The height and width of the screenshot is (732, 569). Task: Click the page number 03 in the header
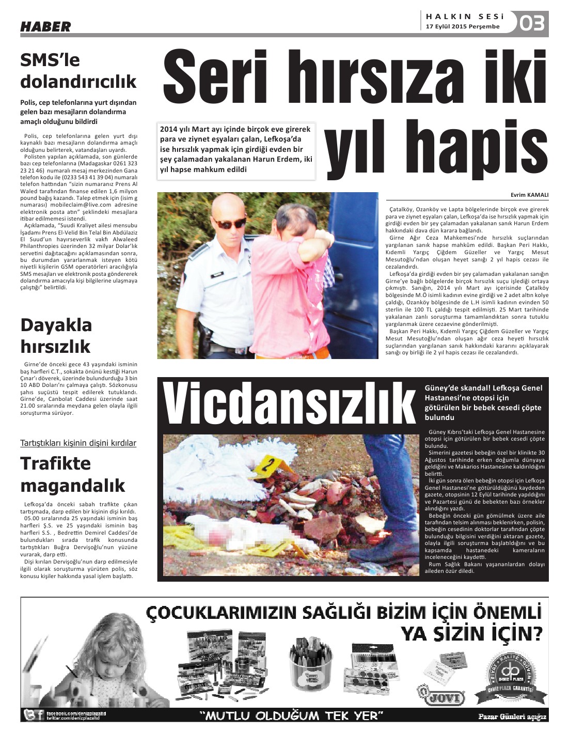[532, 23]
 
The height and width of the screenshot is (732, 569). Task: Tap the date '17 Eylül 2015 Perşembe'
[463, 27]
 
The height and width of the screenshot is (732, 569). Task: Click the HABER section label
[45, 26]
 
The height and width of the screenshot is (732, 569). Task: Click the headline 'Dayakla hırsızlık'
[56, 335]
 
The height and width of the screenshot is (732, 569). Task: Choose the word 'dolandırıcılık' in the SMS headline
[78, 82]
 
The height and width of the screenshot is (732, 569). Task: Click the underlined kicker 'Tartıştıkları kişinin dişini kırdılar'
[78, 443]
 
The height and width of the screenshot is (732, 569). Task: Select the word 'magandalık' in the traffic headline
[73, 486]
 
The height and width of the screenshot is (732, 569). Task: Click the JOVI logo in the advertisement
[441, 697]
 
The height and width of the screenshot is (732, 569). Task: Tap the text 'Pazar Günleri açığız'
[512, 717]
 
